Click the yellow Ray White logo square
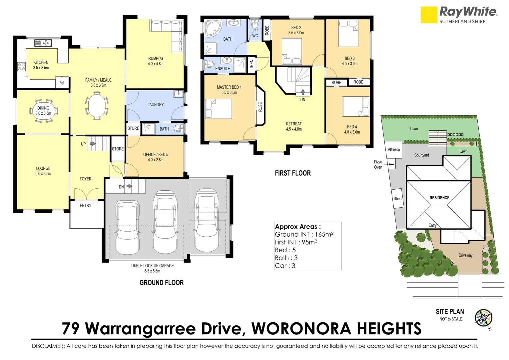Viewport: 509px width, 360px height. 429,15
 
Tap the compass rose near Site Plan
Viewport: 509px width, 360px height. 484,318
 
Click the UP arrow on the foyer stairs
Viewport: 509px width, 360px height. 93,144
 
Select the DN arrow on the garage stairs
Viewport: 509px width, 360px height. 129,186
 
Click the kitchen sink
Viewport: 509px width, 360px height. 43,43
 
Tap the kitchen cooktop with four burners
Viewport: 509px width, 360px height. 21,67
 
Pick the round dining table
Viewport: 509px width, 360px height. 43,111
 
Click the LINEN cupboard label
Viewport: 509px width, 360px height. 252,65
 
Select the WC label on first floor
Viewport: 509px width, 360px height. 255,36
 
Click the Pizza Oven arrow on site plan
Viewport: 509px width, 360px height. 391,164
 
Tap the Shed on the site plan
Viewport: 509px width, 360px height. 397,198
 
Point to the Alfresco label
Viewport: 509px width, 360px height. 394,149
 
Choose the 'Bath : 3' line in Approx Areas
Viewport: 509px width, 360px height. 286,258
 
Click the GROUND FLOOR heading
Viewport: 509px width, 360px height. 162,282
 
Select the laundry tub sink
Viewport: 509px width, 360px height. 179,93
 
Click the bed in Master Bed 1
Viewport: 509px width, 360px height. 218,109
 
